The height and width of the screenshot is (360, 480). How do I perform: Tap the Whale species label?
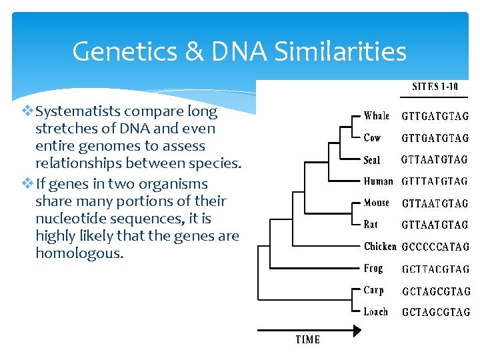[377, 116]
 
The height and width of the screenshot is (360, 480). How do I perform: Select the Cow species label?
[373, 138]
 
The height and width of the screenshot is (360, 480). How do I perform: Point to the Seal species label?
[373, 160]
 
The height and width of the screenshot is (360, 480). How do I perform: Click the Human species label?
[379, 181]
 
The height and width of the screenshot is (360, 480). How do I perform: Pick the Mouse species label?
[377, 203]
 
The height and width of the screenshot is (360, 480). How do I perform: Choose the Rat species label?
[371, 225]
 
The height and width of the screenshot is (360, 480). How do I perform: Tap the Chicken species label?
[380, 247]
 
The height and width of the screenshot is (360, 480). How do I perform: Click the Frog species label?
[374, 268]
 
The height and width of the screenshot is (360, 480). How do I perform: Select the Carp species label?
[374, 290]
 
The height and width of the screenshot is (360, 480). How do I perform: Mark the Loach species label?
[376, 311]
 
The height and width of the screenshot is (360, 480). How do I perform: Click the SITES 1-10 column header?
[435, 87]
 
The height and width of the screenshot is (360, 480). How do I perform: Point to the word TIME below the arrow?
[308, 340]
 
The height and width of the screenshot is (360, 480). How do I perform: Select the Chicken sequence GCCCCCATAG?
[435, 247]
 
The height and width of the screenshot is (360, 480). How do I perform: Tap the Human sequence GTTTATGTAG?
[435, 181]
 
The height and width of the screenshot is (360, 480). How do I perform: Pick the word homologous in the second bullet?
[79, 253]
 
